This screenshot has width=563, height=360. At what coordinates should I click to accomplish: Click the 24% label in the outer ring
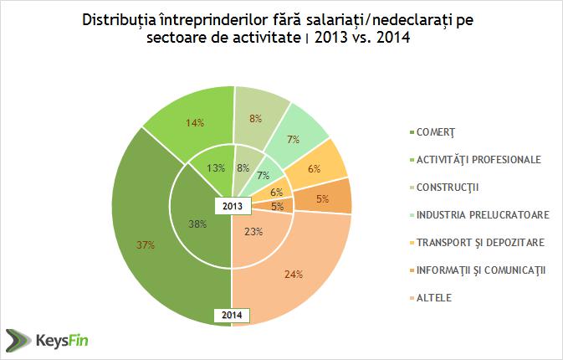point(292,272)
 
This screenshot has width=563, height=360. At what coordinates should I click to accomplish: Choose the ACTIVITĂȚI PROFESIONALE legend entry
point(474,158)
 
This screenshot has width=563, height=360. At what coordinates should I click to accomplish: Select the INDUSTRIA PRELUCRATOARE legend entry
point(477,213)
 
